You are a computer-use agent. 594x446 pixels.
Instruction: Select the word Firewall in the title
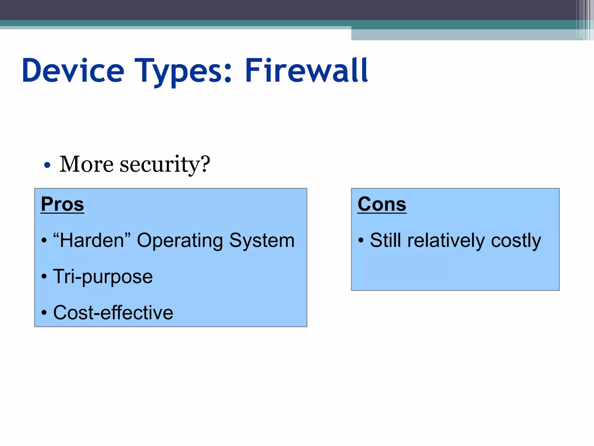click(306, 71)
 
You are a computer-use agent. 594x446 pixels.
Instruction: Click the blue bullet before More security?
click(47, 166)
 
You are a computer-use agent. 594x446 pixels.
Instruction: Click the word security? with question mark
click(165, 165)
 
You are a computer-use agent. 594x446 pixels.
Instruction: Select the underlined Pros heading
click(62, 204)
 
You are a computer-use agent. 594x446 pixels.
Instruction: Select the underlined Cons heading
click(382, 204)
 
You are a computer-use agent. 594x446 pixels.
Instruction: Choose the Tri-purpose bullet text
click(103, 276)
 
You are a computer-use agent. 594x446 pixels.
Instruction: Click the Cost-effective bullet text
click(113, 313)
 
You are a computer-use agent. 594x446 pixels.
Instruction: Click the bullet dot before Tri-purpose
click(44, 277)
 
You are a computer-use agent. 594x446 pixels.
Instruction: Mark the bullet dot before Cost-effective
click(44, 313)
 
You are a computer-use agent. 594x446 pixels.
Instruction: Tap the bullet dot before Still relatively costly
click(361, 240)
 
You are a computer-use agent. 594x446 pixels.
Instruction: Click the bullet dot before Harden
click(44, 240)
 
